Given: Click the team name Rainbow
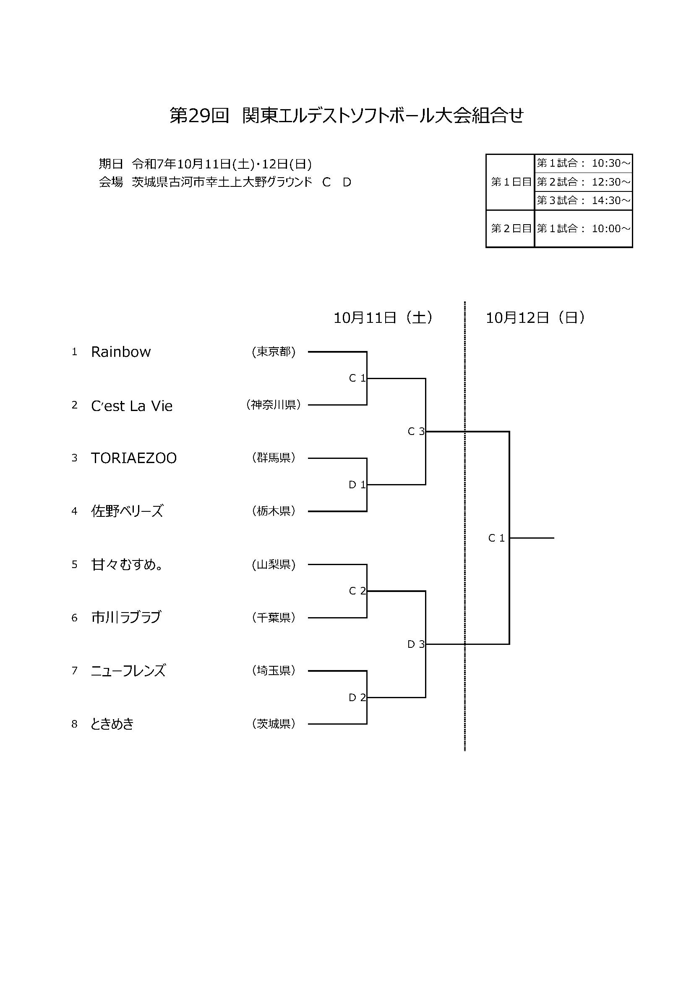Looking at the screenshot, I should point(120,352).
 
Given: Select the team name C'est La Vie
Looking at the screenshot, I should point(132,406).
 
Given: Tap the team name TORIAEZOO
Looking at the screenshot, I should point(134,458).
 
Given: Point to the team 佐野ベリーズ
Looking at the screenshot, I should point(127,511).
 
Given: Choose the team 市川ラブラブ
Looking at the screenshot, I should point(126,617).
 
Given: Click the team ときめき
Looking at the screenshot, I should point(112,724).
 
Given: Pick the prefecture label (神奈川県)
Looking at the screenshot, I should point(274,405).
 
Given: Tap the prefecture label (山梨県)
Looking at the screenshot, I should point(274,565).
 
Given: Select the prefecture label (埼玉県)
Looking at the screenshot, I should point(274,670).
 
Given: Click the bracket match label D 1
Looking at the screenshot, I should point(357,484).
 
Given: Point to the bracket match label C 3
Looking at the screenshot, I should point(416,432).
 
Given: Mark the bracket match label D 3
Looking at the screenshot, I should point(416,644).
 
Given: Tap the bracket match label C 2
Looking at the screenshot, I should point(357,591).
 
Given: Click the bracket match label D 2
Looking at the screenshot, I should point(357,698).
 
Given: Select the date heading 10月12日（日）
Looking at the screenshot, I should point(535,318).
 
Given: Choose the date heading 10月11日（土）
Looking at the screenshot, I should point(383,318).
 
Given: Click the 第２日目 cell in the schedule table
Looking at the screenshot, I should point(511,228).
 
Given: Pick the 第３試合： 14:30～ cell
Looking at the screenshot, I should point(583,200).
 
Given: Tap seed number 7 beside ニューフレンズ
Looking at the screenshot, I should point(74,670).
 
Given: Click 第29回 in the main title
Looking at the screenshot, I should point(199,115).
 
